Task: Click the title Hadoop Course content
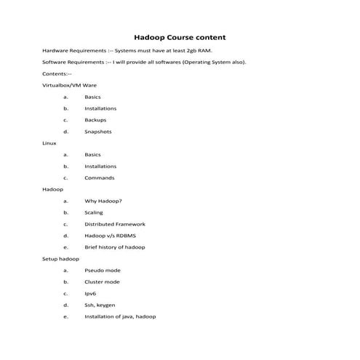tap(180, 37)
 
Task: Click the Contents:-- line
tap(57, 74)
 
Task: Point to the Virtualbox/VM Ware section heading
tap(70, 86)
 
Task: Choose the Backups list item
tap(95, 120)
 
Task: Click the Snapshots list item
tap(97, 132)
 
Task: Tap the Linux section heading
tap(49, 143)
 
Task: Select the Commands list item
tap(99, 177)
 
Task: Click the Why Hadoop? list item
tap(103, 201)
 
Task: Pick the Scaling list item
tap(94, 212)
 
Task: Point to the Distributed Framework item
tap(115, 224)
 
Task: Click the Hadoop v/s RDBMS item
tap(110, 236)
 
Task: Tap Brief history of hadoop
tap(114, 247)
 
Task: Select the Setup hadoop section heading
tap(60, 259)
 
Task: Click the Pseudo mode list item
tap(103, 271)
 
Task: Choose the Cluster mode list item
tap(103, 282)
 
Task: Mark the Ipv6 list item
tap(91, 294)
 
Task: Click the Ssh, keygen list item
tap(100, 305)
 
